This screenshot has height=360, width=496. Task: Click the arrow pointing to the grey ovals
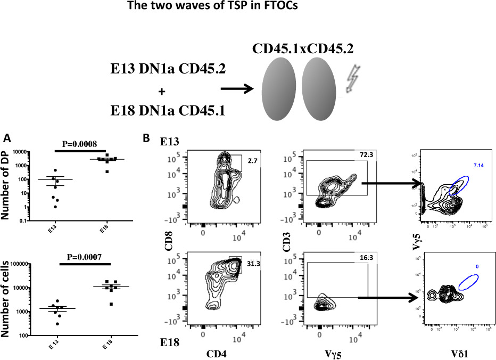point(237,91)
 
